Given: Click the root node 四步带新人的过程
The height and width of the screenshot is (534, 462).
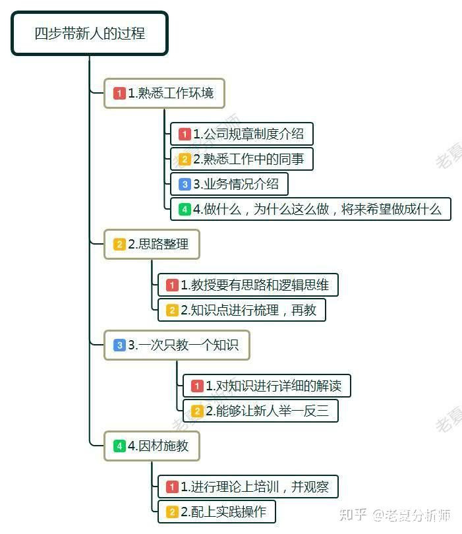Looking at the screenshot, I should click(x=90, y=33).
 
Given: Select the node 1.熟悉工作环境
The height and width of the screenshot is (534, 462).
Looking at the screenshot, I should click(x=165, y=94).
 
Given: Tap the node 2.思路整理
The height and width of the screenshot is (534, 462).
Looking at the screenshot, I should click(x=152, y=245).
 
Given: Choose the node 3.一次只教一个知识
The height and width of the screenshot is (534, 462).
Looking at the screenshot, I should click(x=177, y=345).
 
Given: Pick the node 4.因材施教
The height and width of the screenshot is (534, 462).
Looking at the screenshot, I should click(x=152, y=446).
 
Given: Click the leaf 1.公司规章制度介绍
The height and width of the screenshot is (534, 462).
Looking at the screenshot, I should click(x=241, y=134).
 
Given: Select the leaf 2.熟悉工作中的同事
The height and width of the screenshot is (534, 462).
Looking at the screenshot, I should click(x=241, y=159).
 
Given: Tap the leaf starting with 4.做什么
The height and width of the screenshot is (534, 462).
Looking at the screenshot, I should click(x=310, y=210).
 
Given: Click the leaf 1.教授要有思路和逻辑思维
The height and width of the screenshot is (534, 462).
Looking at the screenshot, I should click(x=248, y=285).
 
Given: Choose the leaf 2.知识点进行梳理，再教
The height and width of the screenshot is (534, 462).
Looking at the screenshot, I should click(x=241, y=310).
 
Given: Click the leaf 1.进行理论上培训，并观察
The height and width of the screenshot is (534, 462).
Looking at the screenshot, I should click(x=248, y=487).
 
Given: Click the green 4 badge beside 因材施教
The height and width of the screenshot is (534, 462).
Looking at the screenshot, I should click(x=119, y=446).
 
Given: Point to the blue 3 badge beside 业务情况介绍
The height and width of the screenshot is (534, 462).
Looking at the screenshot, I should click(x=185, y=185).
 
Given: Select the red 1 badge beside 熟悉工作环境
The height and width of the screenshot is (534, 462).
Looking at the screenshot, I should click(x=119, y=94).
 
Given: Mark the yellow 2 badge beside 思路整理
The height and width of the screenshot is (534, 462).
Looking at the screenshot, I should click(x=119, y=245).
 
